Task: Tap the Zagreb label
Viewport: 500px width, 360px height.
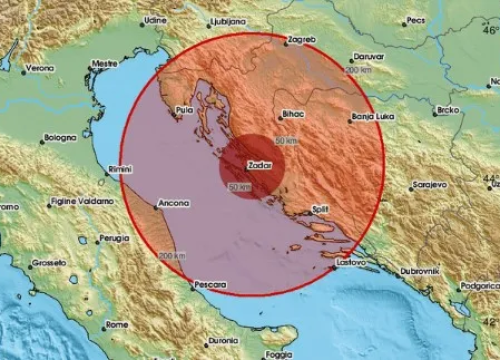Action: [301, 38]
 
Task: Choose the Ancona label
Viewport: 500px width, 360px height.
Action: [173, 203]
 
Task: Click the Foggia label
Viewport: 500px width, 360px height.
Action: [279, 353]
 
